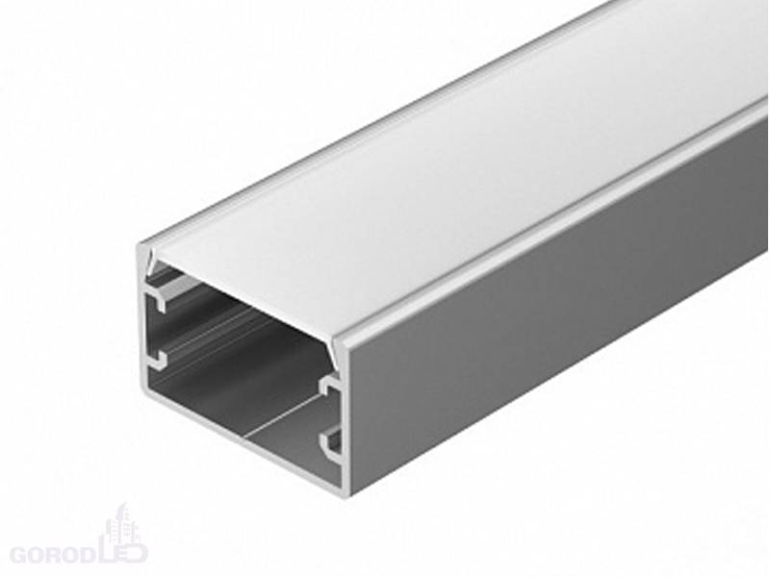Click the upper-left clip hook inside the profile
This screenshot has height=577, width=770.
[156, 301]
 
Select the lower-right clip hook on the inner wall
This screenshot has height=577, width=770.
[332, 442]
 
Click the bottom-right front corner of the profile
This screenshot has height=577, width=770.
[346, 496]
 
